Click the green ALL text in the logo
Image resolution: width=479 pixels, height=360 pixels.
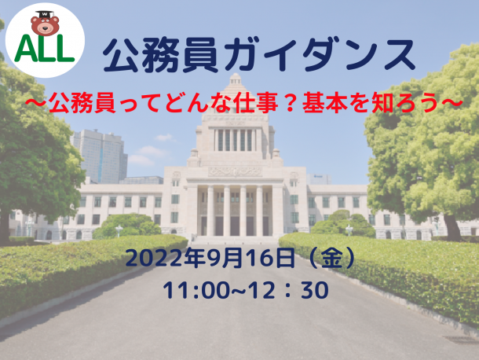(45, 49)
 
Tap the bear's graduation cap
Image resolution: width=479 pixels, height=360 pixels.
(45, 15)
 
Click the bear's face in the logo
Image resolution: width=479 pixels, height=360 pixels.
(45, 26)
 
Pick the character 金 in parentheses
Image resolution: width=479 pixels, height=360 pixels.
(332, 259)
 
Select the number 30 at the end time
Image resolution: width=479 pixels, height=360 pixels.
(315, 290)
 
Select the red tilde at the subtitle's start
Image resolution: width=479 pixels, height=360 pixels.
(36, 103)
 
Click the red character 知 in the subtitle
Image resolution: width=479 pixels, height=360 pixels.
(382, 103)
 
